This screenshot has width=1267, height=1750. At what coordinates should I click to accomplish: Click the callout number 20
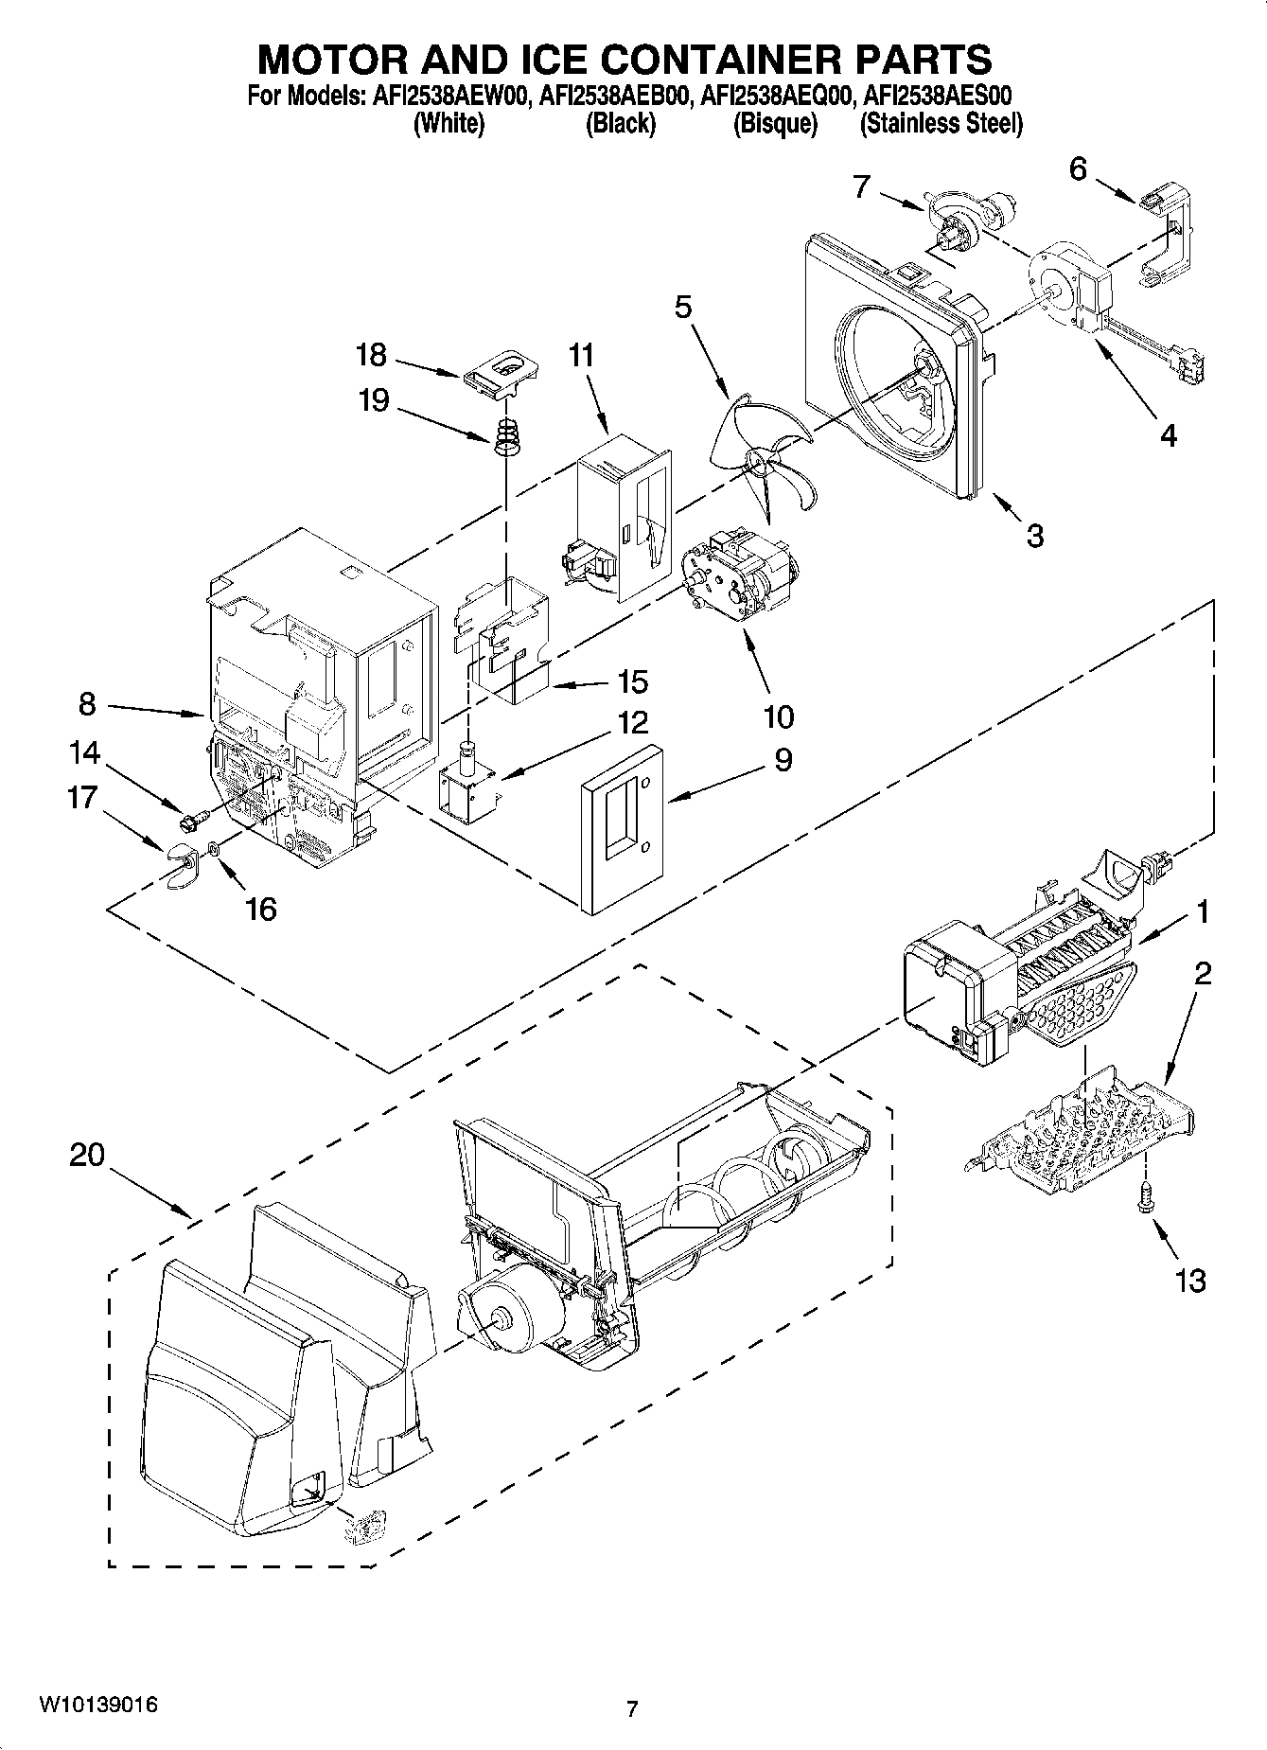pos(86,1157)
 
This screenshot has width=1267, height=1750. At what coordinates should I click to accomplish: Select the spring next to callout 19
pos(509,436)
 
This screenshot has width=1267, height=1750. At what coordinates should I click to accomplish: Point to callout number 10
pos(778,716)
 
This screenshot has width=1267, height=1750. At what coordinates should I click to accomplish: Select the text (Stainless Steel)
pos(941,124)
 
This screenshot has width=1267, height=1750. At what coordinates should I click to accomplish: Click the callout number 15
pos(632,681)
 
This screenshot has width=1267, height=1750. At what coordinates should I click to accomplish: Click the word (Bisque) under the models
pos(775,124)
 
